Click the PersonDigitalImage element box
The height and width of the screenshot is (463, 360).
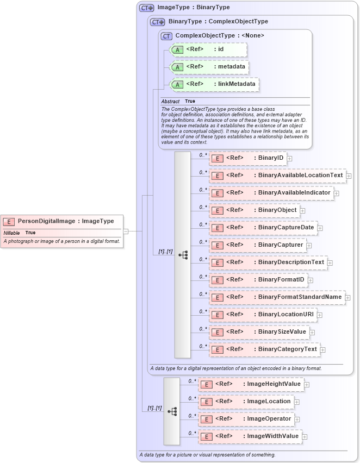click(x=62, y=221)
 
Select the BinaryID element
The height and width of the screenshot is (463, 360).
click(x=247, y=158)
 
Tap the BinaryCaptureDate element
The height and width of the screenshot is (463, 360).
click(x=263, y=228)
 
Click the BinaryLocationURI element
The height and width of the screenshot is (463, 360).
click(x=263, y=315)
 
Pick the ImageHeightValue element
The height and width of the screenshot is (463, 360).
click(x=250, y=384)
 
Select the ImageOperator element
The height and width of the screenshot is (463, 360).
click(x=246, y=419)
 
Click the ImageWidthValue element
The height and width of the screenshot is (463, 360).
click(x=250, y=436)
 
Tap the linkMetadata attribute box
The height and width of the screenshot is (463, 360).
click(x=214, y=84)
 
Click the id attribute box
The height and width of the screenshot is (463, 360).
click(x=208, y=49)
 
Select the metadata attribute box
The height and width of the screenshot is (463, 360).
click(x=210, y=67)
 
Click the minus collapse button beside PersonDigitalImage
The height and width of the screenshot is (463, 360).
click(x=126, y=230)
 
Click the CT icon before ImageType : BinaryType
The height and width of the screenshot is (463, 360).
click(x=146, y=8)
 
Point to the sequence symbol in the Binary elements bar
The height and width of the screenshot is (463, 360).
click(x=183, y=254)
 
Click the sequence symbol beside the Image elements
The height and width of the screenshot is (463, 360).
click(x=172, y=411)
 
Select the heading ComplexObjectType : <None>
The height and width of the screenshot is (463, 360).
click(x=220, y=35)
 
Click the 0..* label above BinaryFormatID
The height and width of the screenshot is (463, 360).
click(x=203, y=277)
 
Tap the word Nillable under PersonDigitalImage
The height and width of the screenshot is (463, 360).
click(x=11, y=233)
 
